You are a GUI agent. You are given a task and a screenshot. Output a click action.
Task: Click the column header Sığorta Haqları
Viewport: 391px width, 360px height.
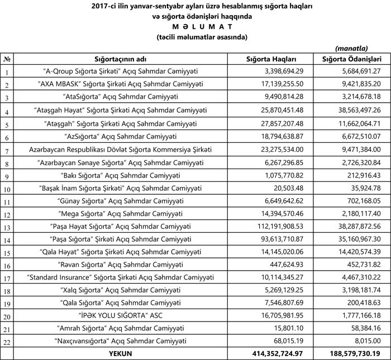pyautogui.click(x=271, y=59)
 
